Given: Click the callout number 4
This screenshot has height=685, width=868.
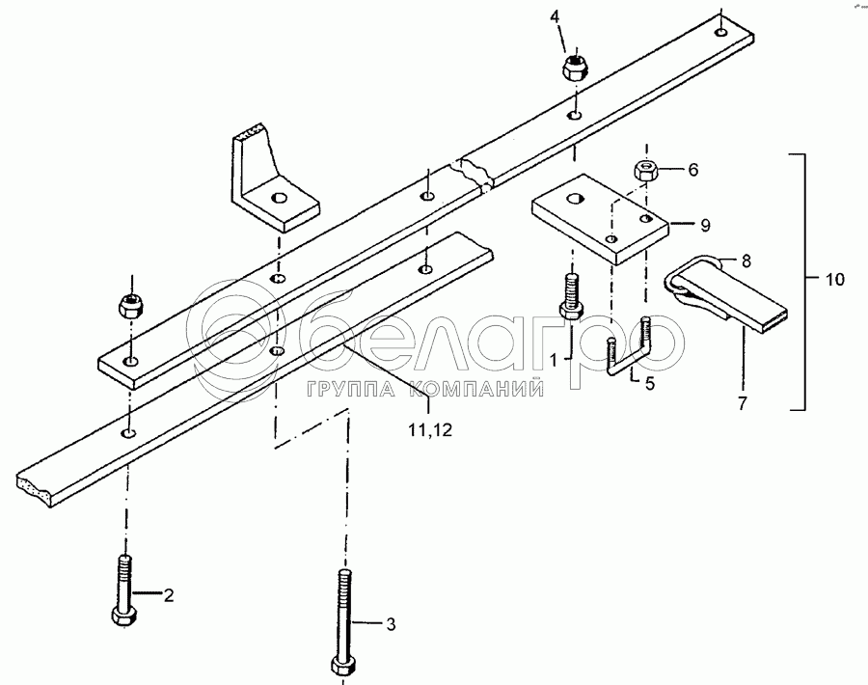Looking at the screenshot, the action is pos(555,16).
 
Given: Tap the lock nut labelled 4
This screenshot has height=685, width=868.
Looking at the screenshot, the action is pos(574,67).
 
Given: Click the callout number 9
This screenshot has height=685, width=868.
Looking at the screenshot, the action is pos(705,225).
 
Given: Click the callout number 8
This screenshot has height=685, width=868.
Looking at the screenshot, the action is pos(746,260).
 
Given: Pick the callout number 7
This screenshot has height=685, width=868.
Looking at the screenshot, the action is pos(743,402).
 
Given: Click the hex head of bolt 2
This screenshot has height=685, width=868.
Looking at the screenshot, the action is pos(124,616).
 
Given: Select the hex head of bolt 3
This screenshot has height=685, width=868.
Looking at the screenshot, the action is pos(344,665).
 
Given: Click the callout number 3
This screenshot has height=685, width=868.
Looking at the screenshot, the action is pos(391,624).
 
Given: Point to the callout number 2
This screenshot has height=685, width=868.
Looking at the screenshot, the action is pos(168,595).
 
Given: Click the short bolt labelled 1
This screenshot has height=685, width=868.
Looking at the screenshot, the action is pos(571,295).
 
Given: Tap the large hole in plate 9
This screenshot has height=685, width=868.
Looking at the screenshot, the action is pos(576,198).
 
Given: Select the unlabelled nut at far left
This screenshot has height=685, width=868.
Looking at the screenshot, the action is pos(130,305).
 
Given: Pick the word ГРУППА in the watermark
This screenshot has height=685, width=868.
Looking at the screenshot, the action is pos(350,390).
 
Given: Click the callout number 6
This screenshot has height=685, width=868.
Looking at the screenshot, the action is pos(693,170).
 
